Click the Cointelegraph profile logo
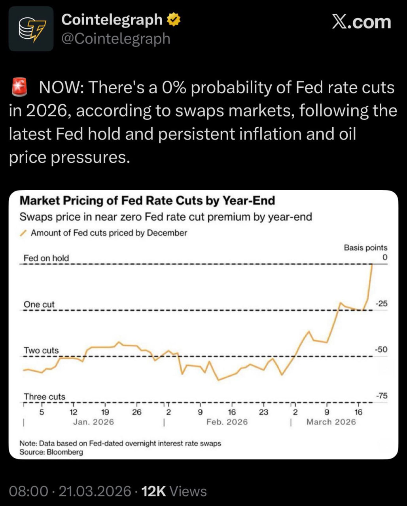31,29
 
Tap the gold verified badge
174,19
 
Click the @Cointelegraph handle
115,39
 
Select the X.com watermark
361,22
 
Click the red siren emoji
20,87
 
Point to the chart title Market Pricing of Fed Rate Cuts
147,200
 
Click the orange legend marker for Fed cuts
23,233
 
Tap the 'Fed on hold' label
46,258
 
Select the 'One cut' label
39,304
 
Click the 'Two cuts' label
41,350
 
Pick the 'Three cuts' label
44,396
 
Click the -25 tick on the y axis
381,304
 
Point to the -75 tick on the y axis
381,396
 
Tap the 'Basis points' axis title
365,248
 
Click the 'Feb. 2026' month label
227,422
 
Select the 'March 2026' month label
331,422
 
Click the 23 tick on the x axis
263,412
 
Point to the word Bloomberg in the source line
65,452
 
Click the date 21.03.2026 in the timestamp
95,491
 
